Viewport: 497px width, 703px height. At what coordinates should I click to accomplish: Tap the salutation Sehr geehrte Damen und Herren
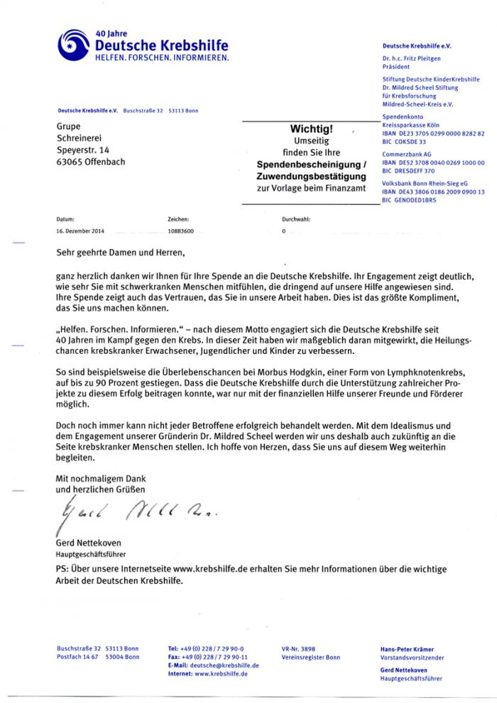click(120, 252)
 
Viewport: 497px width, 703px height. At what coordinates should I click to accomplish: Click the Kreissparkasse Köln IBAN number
click(433, 133)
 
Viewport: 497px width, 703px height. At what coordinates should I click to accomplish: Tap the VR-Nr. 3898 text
click(299, 649)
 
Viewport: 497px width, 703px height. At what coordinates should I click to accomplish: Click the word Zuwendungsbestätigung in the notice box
click(311, 175)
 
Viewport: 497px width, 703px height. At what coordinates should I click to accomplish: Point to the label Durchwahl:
click(296, 220)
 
